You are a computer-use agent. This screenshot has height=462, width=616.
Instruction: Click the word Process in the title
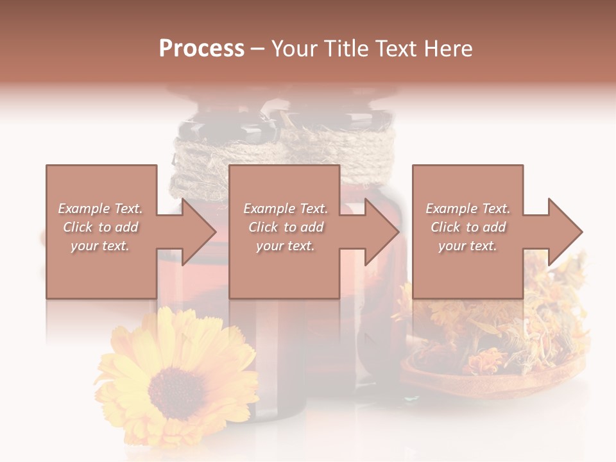click(x=201, y=49)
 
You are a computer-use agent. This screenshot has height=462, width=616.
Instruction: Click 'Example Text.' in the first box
click(x=101, y=209)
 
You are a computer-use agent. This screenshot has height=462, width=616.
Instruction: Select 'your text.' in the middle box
click(x=286, y=246)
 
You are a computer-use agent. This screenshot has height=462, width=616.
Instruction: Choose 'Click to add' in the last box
click(x=468, y=227)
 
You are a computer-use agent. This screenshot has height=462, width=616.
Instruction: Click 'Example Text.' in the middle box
click(x=286, y=209)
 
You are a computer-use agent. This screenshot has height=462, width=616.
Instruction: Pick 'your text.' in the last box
click(x=468, y=246)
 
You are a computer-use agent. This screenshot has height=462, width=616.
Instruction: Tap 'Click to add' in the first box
click(x=101, y=227)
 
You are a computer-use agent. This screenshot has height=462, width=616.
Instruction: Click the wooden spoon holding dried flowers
click(x=488, y=382)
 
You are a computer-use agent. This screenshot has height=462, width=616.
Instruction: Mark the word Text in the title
click(x=397, y=49)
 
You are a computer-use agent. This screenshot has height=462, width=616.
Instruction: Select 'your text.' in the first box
click(x=101, y=246)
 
